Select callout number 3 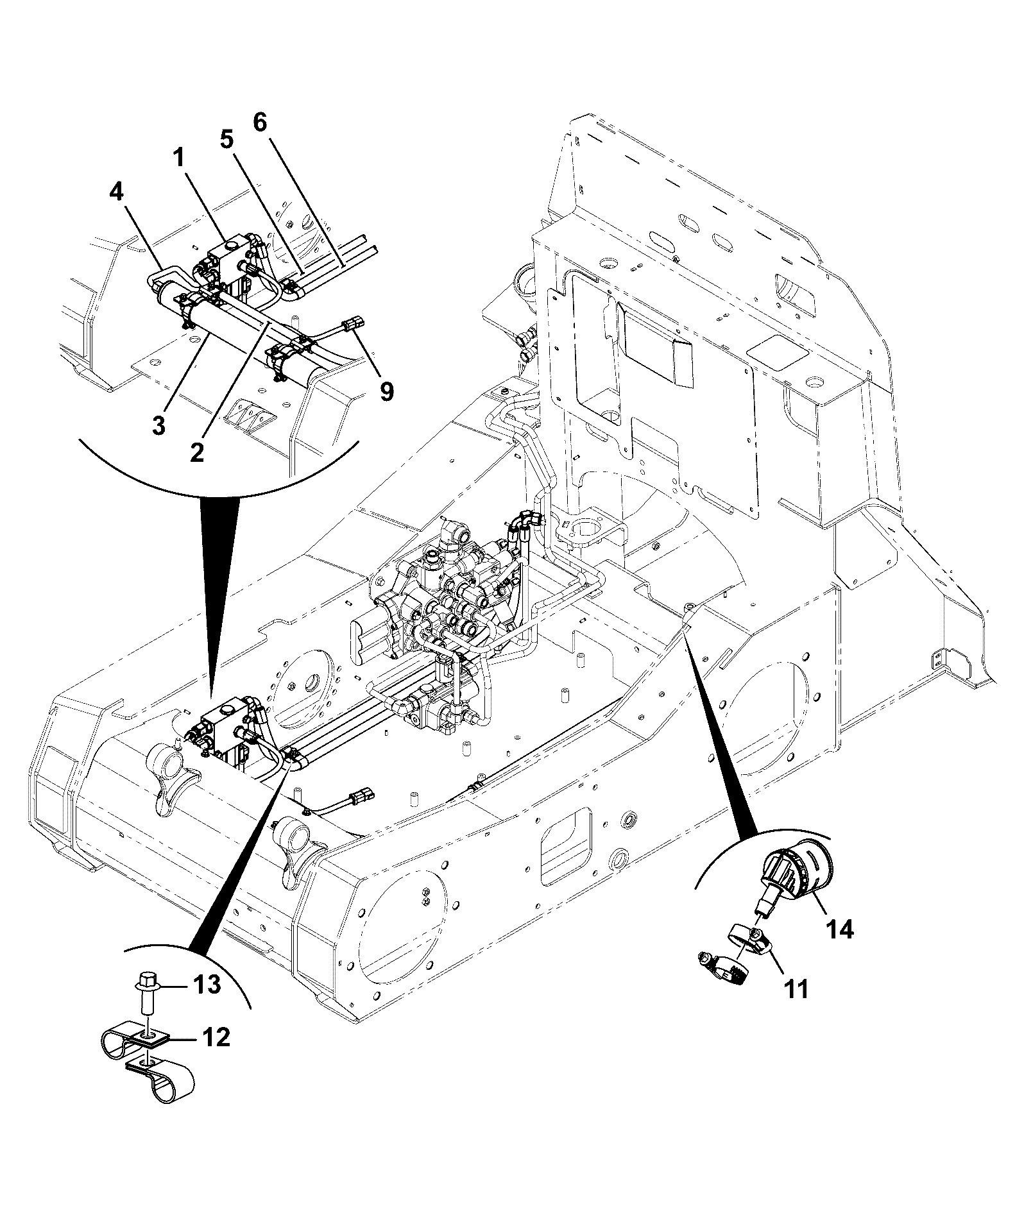(158, 424)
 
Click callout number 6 (260, 122)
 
